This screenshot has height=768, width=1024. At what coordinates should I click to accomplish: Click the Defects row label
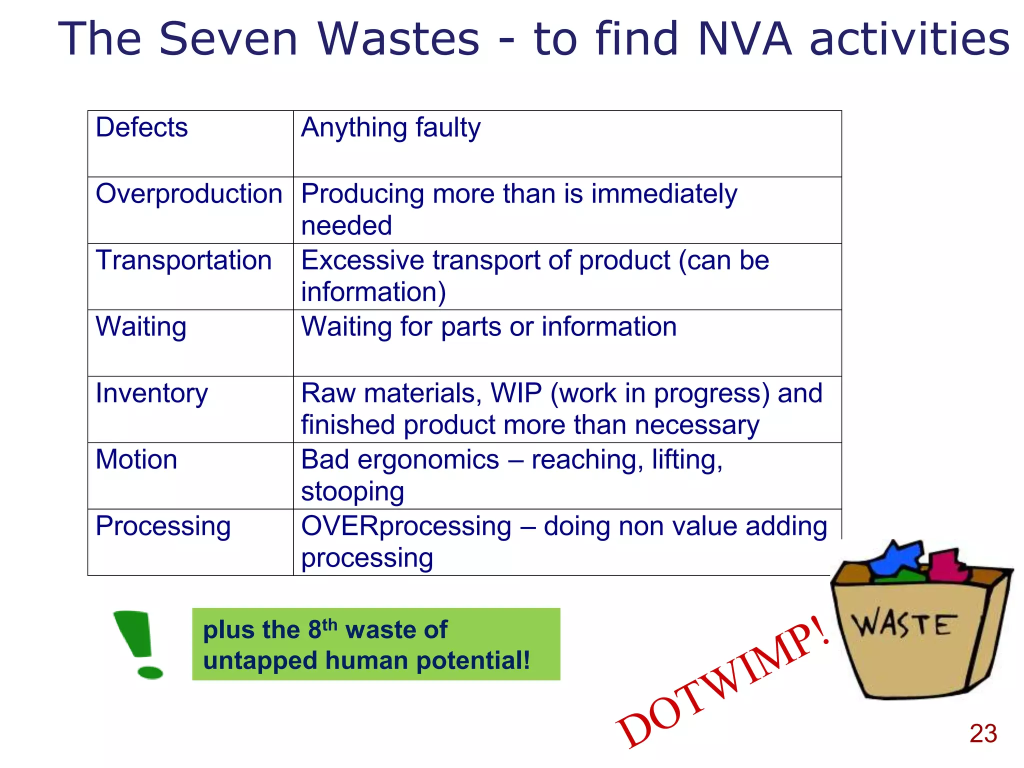pyautogui.click(x=141, y=127)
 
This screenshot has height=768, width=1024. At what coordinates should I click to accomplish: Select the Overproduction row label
pyautogui.click(x=189, y=194)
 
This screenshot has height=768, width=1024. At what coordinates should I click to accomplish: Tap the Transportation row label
pyautogui.click(x=183, y=260)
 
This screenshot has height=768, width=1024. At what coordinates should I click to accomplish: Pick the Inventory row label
pyautogui.click(x=151, y=393)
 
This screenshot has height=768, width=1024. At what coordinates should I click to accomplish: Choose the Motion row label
pyautogui.click(x=136, y=459)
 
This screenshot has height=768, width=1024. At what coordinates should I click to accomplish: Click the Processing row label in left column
pyautogui.click(x=163, y=526)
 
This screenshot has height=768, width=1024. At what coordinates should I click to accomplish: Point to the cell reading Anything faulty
pyautogui.click(x=390, y=127)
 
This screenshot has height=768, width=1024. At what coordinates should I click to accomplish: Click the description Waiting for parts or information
pyautogui.click(x=488, y=327)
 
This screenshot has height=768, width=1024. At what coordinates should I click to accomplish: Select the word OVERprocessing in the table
pyautogui.click(x=406, y=526)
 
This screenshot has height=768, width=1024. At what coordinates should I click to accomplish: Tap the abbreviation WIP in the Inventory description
pyautogui.click(x=516, y=393)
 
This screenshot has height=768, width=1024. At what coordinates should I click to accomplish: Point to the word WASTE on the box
pyautogui.click(x=904, y=624)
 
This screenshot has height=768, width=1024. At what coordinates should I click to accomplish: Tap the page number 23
pyautogui.click(x=983, y=733)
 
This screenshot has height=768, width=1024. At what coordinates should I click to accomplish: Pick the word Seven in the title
pyautogui.click(x=228, y=39)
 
